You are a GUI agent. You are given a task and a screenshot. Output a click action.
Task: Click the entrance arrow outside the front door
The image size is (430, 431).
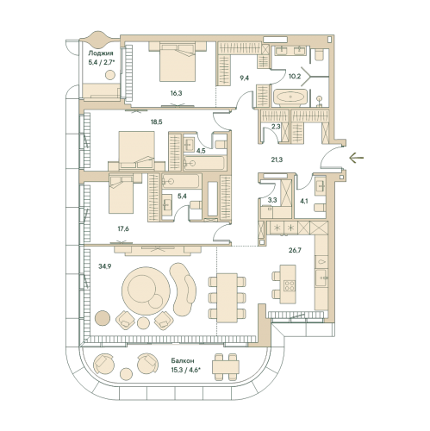click(x=357, y=158)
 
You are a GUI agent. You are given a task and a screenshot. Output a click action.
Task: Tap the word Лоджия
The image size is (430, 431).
click(x=101, y=53)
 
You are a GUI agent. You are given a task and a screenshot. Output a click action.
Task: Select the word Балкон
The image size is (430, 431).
click(x=183, y=360)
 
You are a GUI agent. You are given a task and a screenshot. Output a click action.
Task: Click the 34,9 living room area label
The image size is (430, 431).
click(x=105, y=266)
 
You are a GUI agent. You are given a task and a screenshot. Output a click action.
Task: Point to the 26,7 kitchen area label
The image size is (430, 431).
click(x=295, y=250)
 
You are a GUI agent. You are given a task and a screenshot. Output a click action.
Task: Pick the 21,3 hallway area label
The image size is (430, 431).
click(x=277, y=159)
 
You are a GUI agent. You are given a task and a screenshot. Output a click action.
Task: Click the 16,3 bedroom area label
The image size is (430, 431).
click(x=176, y=93)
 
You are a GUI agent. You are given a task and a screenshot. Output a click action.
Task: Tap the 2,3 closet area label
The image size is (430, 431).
click(x=276, y=126)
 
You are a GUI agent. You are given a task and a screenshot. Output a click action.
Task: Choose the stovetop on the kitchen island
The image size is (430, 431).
click(x=290, y=285)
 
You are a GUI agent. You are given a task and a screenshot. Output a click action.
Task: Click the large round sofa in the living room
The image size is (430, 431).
click(x=146, y=291)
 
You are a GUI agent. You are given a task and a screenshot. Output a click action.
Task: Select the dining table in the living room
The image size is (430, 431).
click(x=227, y=297)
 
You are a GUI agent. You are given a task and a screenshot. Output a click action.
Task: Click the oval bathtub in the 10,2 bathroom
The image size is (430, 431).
click(x=290, y=97)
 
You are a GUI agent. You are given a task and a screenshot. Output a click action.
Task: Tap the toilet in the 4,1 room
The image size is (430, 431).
click(x=320, y=208)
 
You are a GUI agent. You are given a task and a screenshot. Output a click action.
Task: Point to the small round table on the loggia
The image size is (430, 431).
click(x=110, y=75)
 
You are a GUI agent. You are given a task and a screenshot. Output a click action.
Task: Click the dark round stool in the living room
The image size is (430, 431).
click(x=103, y=318)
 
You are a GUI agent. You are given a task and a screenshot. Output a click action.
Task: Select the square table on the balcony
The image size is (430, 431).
click(x=226, y=367)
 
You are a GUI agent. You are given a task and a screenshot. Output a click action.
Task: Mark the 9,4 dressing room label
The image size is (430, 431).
click(x=245, y=78)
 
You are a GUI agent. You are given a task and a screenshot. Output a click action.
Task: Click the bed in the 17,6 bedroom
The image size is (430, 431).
click(x=122, y=194)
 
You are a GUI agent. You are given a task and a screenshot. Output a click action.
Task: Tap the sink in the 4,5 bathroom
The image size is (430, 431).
click(x=189, y=144)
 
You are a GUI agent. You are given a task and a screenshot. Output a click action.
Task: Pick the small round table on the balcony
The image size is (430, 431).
click(x=126, y=373)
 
